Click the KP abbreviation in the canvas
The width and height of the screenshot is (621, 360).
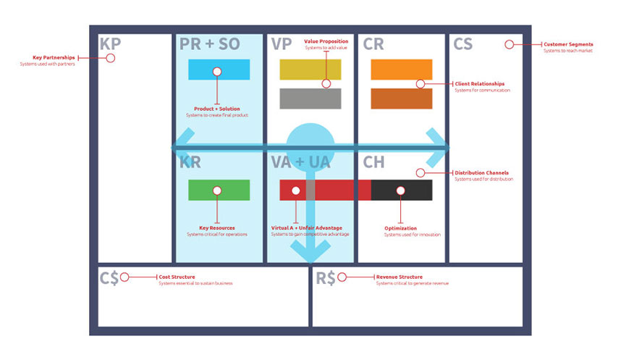[x=111, y=44]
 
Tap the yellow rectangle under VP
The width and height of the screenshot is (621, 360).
[x=310, y=70]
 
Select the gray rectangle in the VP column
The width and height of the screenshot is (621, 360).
[x=310, y=99]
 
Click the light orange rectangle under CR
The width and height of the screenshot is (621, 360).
[x=401, y=70]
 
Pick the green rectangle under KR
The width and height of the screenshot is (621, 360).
[x=219, y=190]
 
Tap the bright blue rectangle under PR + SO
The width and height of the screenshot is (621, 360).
[x=219, y=70]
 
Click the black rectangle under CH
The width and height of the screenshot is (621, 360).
[x=402, y=190]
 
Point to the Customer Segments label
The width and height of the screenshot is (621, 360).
[x=568, y=45]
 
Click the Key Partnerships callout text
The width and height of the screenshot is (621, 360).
[x=54, y=58]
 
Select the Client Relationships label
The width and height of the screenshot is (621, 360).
[x=480, y=84]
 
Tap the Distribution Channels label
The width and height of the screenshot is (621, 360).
[x=481, y=173]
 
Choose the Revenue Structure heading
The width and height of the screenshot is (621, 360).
[x=400, y=277]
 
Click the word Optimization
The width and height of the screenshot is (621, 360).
[x=400, y=228]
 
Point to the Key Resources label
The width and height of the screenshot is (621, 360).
[x=217, y=228]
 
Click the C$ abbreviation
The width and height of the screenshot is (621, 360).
[x=109, y=277]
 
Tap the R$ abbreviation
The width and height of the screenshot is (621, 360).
[x=326, y=277]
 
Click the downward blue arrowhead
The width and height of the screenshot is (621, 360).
[x=310, y=252]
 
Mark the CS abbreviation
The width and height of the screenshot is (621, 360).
[x=463, y=44]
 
